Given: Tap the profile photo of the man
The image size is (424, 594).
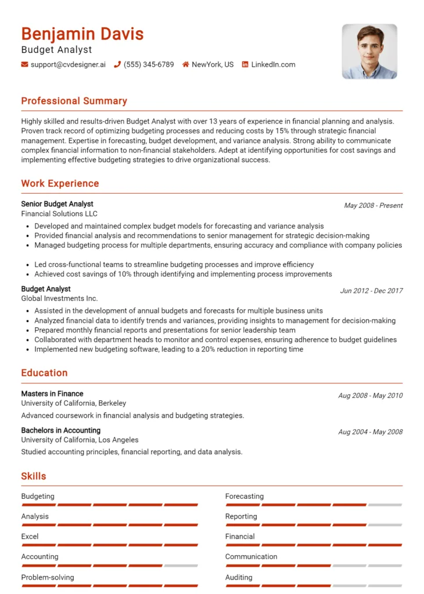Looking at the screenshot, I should (x=369, y=51).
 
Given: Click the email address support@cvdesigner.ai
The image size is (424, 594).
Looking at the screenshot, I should (x=68, y=64).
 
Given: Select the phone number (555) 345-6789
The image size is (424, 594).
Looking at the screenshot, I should (x=149, y=64).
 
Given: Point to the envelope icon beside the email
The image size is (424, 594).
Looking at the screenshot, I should (x=24, y=64).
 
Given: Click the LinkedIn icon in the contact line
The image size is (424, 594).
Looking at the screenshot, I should (x=245, y=64).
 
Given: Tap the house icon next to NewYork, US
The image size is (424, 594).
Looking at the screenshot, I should (x=186, y=64).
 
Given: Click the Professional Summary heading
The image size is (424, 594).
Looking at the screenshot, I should (x=74, y=101).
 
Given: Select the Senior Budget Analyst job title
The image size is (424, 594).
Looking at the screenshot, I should (x=57, y=204).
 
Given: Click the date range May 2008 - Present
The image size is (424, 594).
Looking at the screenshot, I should (x=373, y=205).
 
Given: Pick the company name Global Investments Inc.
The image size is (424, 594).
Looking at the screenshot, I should (x=59, y=298).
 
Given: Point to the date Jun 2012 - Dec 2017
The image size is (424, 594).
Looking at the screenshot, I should (x=371, y=291).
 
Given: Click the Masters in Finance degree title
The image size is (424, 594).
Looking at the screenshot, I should (x=52, y=394).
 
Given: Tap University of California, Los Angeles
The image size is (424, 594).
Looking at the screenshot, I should (x=80, y=440).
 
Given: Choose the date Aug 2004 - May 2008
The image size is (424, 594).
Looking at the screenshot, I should (x=370, y=432).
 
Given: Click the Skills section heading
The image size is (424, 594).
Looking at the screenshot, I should (x=34, y=476).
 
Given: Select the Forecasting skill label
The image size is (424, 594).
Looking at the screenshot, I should (x=245, y=497).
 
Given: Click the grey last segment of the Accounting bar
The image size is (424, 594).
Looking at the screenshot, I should (x=181, y=566).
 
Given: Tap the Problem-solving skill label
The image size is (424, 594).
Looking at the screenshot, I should (x=48, y=577).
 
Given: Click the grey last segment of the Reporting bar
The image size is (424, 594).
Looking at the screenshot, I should (x=385, y=525).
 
